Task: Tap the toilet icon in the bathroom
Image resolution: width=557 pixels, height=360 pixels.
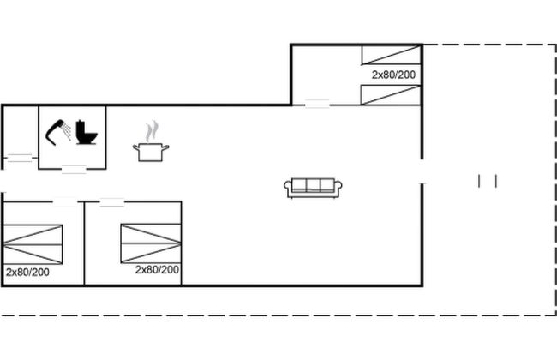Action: [87, 132]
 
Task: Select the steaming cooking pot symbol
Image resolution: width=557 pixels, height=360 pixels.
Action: [151, 141]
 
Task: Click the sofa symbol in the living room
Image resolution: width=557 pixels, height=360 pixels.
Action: [313, 188]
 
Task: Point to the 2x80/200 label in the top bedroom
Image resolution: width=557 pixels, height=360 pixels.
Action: [393, 75]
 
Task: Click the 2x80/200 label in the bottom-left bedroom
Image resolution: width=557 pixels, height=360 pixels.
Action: [27, 273]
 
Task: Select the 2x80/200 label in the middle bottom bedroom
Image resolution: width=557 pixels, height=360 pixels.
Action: [157, 270]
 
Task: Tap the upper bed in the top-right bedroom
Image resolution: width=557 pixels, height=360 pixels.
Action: [391, 55]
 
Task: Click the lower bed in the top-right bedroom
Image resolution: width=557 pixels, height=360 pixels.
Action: [391, 95]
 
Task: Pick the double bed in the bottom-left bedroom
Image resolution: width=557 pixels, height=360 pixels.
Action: [33, 244]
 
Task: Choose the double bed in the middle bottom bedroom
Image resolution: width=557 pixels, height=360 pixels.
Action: [151, 243]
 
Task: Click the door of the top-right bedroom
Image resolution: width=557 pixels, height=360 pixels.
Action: [317, 104]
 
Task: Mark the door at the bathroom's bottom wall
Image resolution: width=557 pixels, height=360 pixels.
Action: [74, 169]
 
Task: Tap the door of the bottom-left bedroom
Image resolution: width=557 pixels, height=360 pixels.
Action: [65, 201]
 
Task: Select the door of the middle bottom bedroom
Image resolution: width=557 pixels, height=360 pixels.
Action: [112, 202]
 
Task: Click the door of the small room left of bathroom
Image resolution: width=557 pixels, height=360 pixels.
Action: [20, 159]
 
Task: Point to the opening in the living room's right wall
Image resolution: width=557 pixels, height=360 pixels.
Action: [422, 171]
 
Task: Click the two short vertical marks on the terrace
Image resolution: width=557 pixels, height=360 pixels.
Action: [488, 181]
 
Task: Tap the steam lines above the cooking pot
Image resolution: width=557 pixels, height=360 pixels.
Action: [152, 131]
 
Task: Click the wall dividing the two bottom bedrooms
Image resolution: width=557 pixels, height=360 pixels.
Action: [84, 243]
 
